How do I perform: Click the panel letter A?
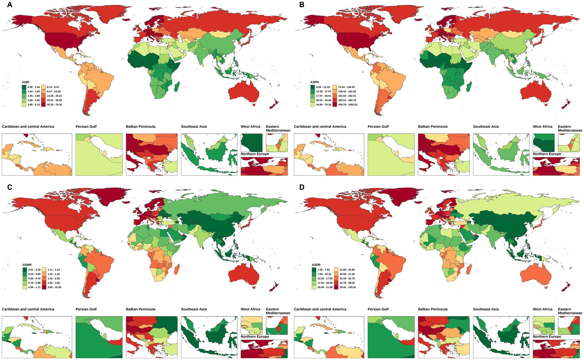[x=10, y=5]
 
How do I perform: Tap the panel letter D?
[x=302, y=187]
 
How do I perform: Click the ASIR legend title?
[x=25, y=82]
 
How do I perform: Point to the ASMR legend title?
[x=27, y=265]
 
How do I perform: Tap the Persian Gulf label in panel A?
[x=86, y=127]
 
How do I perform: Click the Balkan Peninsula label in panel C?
[x=141, y=309]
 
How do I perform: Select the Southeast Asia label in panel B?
[x=486, y=127]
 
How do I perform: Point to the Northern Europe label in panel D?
[x=547, y=337]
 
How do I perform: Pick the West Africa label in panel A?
[x=251, y=127]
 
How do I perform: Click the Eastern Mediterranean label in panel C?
[x=278, y=311]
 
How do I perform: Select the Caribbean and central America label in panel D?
[x=320, y=309]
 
